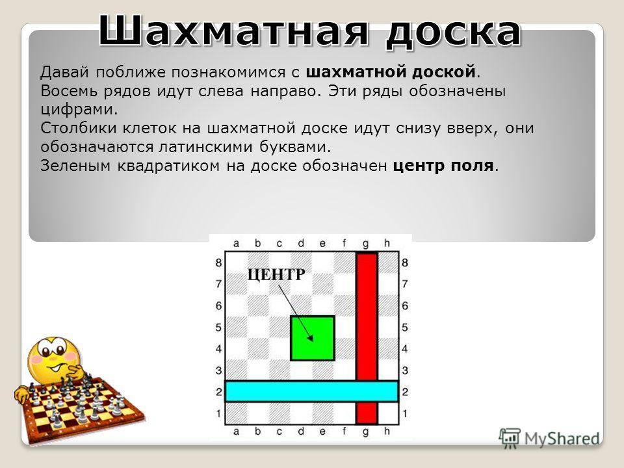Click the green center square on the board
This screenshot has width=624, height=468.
tap(313, 338)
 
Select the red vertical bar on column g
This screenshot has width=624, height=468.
tap(367, 338)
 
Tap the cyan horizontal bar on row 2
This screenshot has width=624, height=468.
tap(311, 391)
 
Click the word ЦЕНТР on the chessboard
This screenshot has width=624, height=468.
tap(276, 274)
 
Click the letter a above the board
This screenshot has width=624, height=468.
tap(236, 243)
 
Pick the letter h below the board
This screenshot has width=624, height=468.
tap(387, 431)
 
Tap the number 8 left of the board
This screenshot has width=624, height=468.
tap(218, 263)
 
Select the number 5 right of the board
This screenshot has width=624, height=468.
tap(405, 328)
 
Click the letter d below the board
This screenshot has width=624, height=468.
tap(301, 431)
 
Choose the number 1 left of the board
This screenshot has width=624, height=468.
tap(218, 413)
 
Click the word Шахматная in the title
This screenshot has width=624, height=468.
tap(233, 31)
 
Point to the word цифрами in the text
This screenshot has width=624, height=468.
tap(79, 109)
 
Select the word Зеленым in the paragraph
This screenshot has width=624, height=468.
tap(75, 166)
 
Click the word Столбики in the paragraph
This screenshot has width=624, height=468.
tap(79, 128)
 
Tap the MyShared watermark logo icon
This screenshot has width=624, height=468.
tap(509, 439)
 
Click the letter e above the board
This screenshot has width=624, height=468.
tap(322, 243)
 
